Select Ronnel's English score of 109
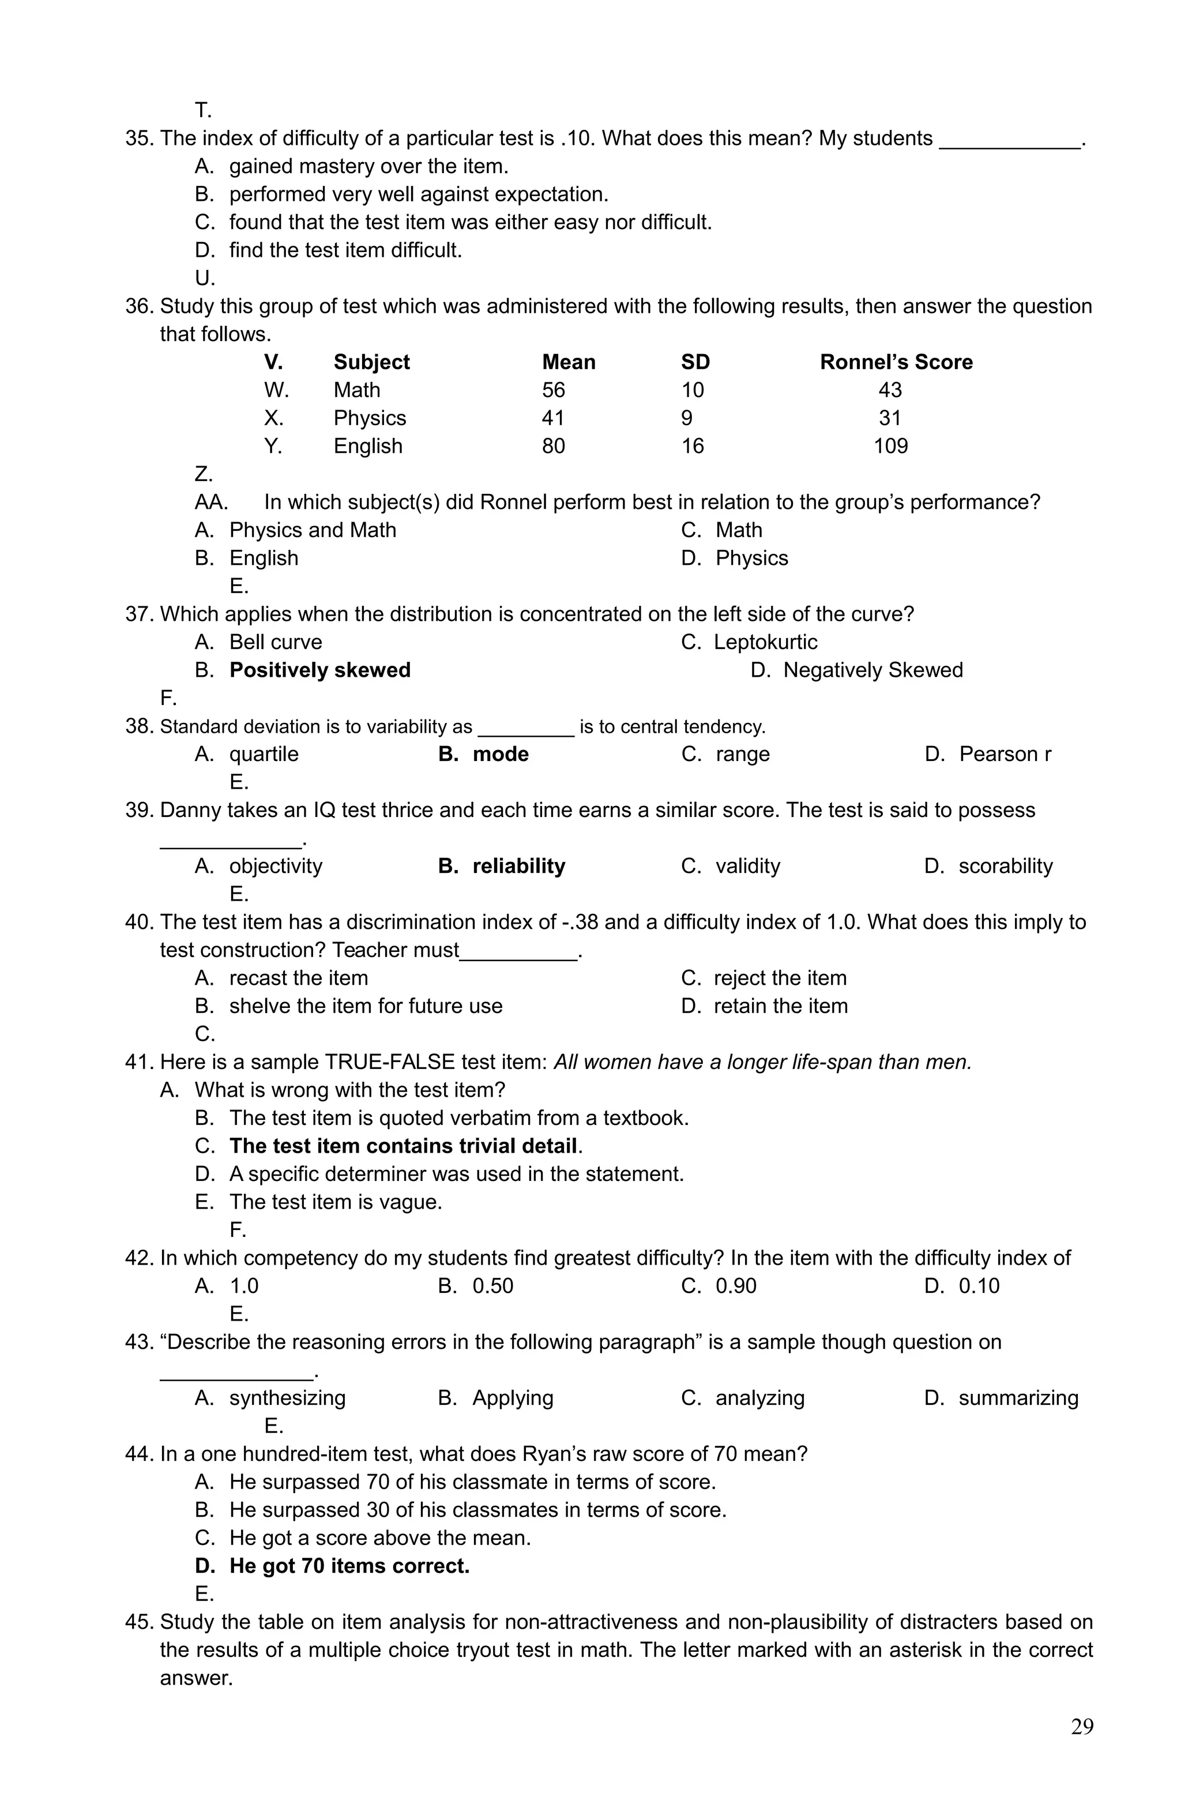pos(890,445)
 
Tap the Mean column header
pos(569,362)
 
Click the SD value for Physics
pos(686,418)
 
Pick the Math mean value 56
pos(554,390)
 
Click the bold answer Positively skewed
pos(319,670)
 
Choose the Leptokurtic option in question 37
pos(765,642)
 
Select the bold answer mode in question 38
pos(500,754)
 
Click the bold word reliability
pos(518,865)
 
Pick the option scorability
pos(1005,865)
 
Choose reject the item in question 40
pos(780,978)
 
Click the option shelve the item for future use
pos(365,1006)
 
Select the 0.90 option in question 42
pos(735,1285)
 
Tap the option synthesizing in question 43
pos(287,1398)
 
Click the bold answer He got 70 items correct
pos(349,1566)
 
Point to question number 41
pos(140,1062)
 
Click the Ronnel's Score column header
pos(896,362)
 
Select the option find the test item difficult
pos(345,250)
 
